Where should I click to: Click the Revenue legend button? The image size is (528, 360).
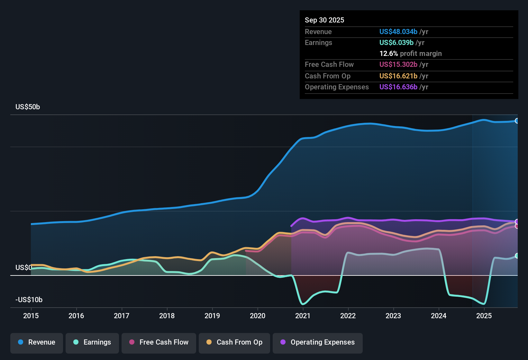pyautogui.click(x=37, y=342)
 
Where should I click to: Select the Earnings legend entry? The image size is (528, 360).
pyautogui.click(x=92, y=342)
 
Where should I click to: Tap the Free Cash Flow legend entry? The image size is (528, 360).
pyautogui.click(x=159, y=342)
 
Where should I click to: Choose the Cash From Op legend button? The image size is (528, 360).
pyautogui.click(x=234, y=342)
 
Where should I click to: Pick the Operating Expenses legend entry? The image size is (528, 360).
pyautogui.click(x=318, y=342)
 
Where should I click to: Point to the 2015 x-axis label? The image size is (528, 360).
pyautogui.click(x=31, y=316)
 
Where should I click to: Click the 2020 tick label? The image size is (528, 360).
pyautogui.click(x=258, y=316)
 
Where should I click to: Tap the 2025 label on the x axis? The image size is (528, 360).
pyautogui.click(x=484, y=316)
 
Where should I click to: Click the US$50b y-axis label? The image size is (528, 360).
pyautogui.click(x=28, y=107)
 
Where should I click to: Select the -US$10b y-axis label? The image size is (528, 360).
pyautogui.click(x=29, y=300)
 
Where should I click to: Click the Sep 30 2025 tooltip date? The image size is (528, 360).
pyautogui.click(x=324, y=20)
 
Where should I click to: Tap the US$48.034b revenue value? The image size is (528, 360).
pyautogui.click(x=398, y=32)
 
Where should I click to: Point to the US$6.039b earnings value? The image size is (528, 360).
pyautogui.click(x=396, y=42)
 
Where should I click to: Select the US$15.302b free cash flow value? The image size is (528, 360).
pyautogui.click(x=398, y=64)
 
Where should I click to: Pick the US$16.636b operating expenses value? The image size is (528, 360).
pyautogui.click(x=398, y=87)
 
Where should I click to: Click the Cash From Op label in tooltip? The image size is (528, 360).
pyautogui.click(x=327, y=76)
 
